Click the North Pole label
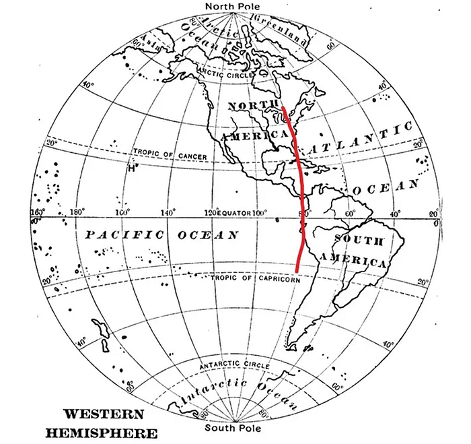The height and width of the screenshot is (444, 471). point(235,7)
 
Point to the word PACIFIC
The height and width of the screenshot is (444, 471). point(125,235)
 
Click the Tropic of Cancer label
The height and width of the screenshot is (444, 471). point(170,156)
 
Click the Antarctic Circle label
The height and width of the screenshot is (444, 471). point(233,365)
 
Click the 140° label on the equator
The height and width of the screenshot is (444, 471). point(168,213)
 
